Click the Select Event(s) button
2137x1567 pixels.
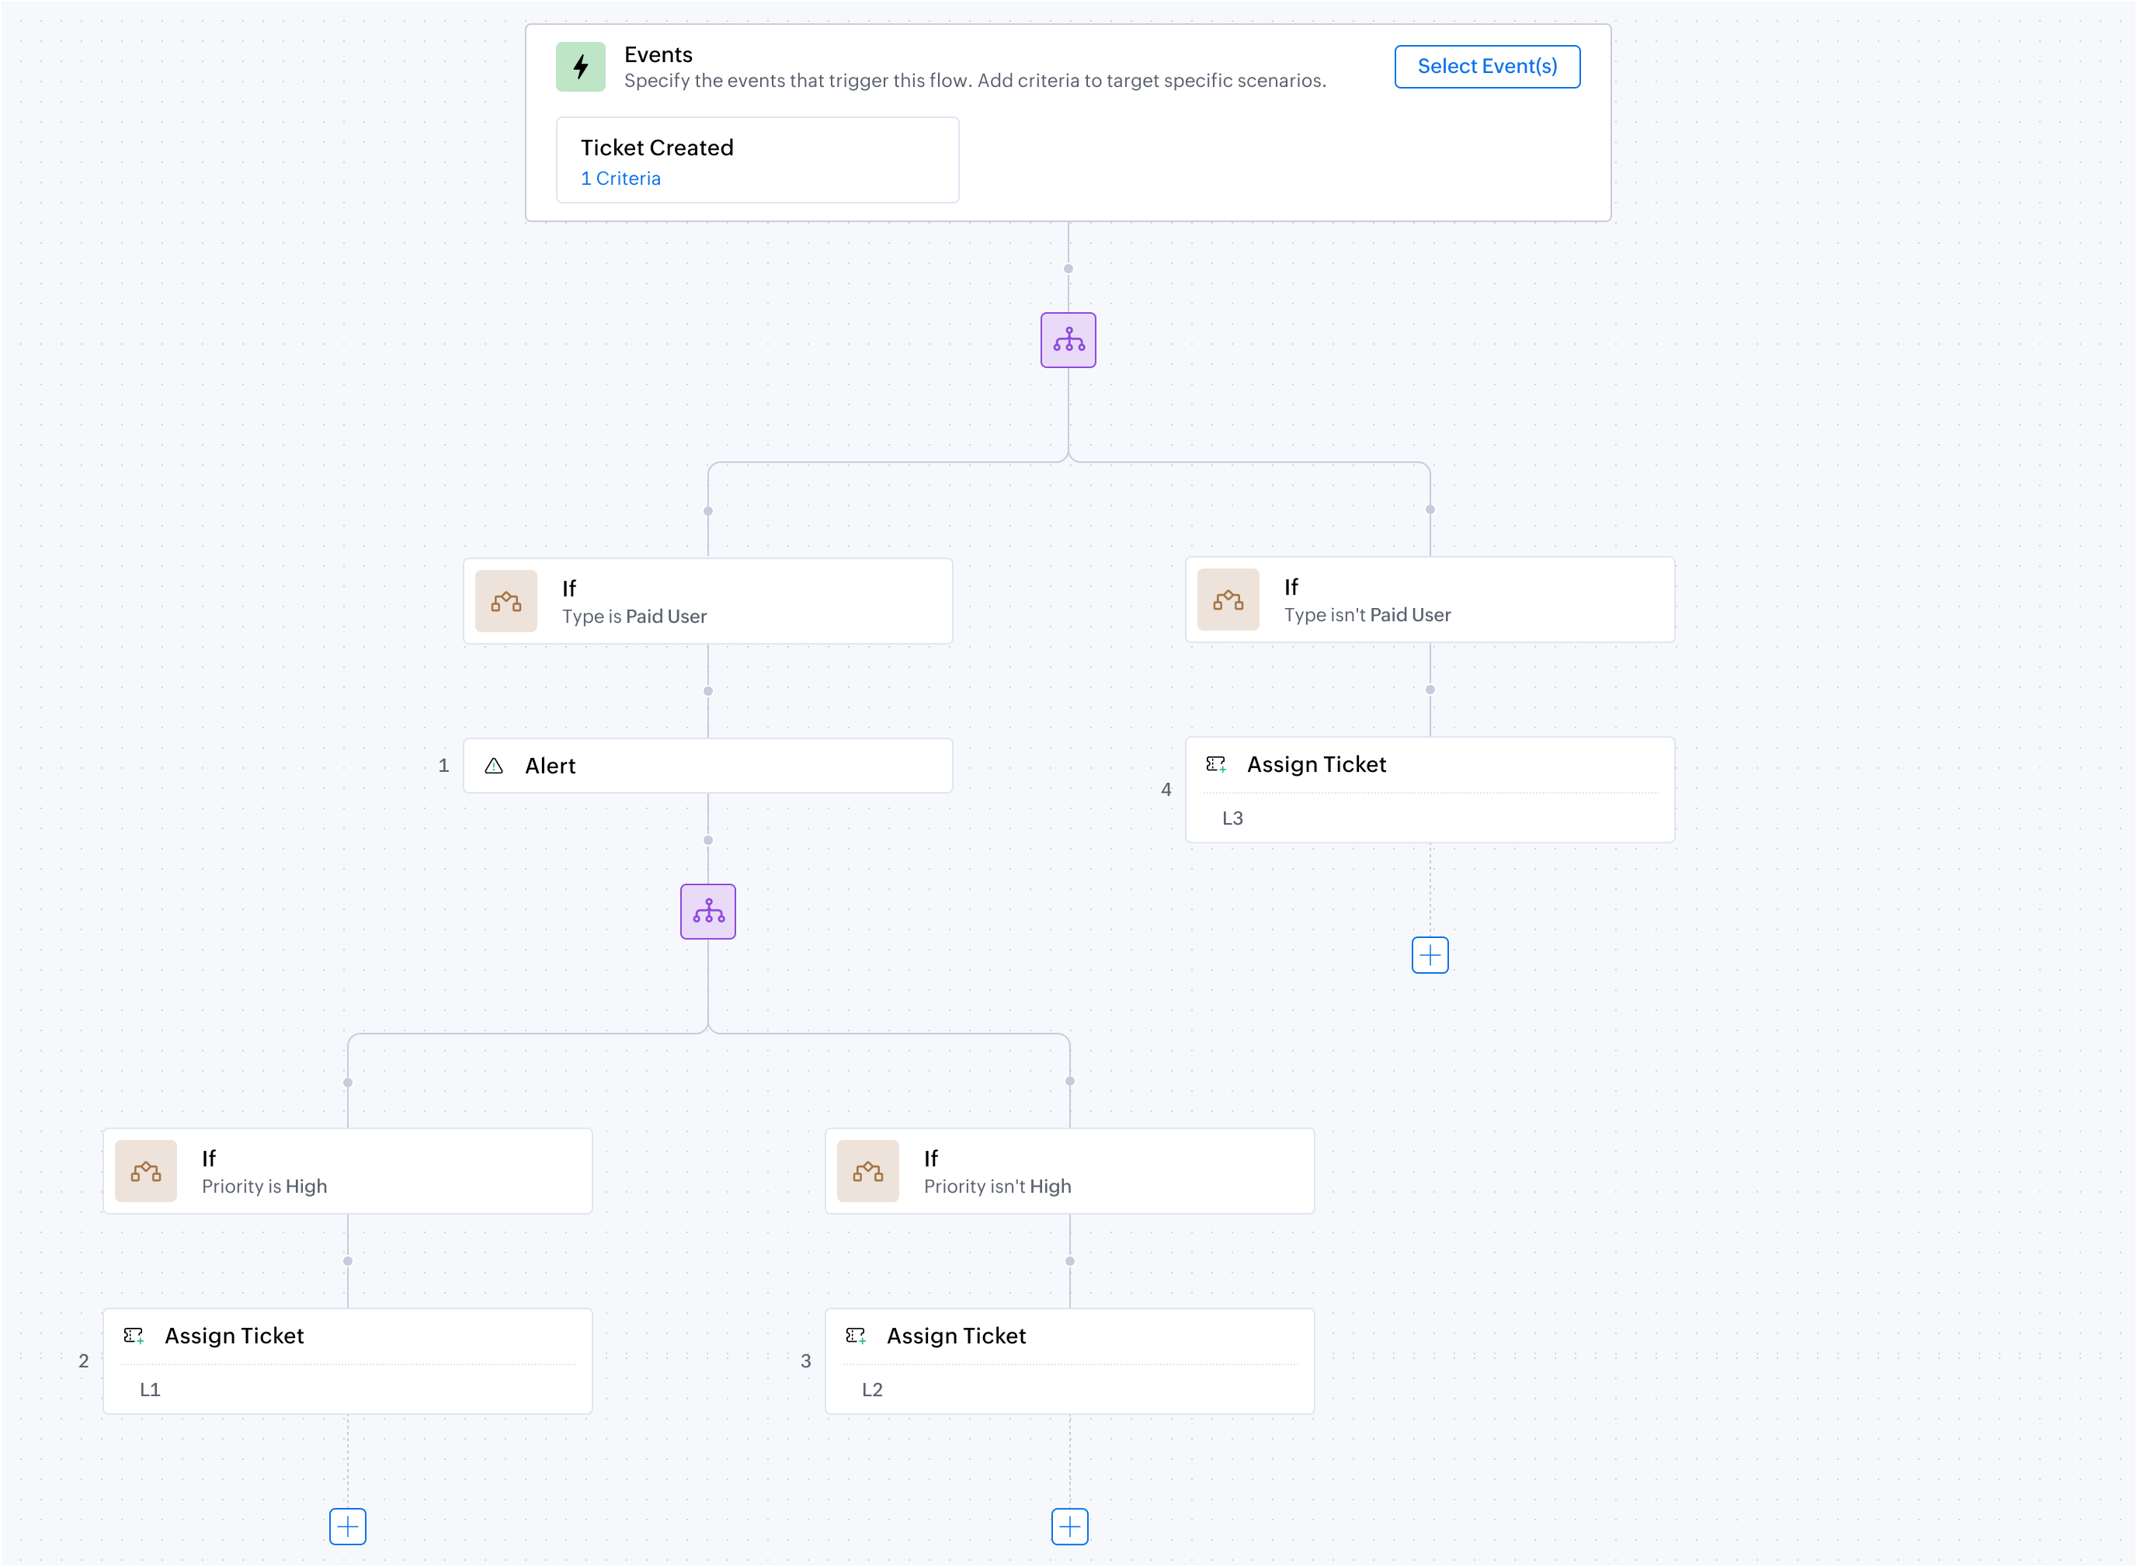pos(1486,67)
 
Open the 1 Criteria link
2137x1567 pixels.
pos(620,179)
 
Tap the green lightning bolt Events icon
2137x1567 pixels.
pos(581,67)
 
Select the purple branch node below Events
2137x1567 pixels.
pos(1068,339)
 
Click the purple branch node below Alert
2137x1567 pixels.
pos(707,912)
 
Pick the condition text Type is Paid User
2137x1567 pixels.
pos(634,617)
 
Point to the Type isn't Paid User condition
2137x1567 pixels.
pos(1367,615)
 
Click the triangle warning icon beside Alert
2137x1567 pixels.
pos(493,766)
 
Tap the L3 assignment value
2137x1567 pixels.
pos(1232,818)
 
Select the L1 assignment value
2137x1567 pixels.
pos(150,1390)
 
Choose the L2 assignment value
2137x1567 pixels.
pos(872,1390)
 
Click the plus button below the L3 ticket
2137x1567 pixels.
pos(1430,955)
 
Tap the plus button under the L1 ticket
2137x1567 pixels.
pos(347,1526)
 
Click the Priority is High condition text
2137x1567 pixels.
pos(264,1187)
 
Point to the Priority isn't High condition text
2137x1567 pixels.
pos(997,1187)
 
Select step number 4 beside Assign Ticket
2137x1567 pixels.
pos(1166,789)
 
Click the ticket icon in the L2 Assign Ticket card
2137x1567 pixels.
pos(856,1336)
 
